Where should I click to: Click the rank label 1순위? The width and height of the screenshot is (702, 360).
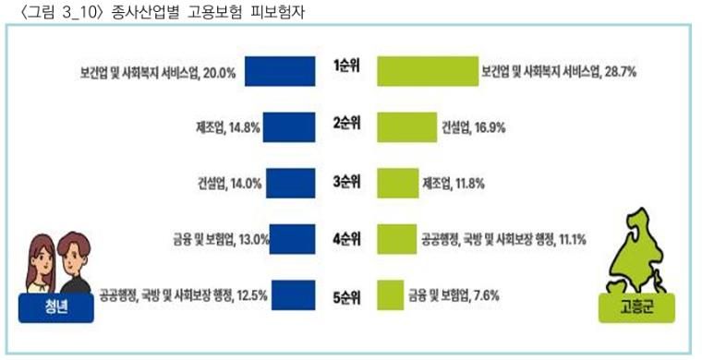click(x=346, y=66)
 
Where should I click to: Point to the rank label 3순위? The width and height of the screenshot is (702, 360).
click(x=346, y=182)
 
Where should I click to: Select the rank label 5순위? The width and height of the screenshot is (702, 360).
click(x=346, y=297)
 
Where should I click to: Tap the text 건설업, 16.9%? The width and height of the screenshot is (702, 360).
click(x=473, y=126)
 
